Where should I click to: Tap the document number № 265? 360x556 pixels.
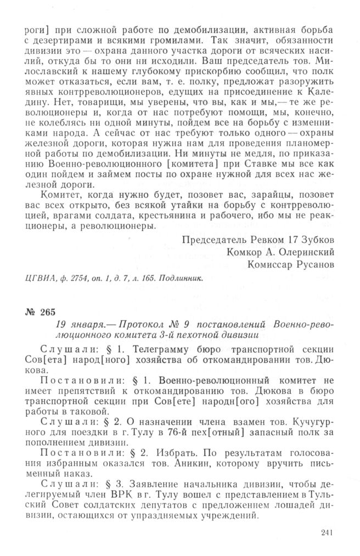pos(41,313)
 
